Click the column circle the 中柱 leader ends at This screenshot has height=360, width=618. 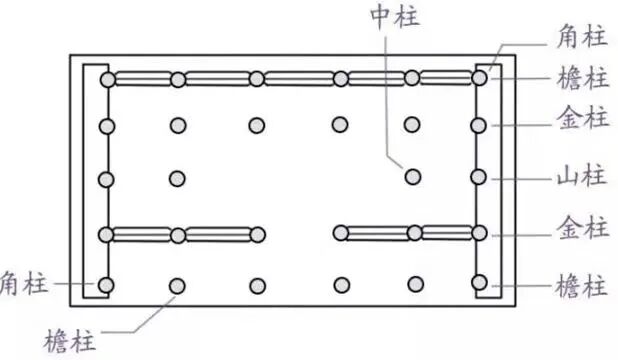coord(411,177)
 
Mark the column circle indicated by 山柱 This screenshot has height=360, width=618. coord(480,178)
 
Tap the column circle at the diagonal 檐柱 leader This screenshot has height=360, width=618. coord(178,286)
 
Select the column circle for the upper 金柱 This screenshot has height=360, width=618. coord(480,126)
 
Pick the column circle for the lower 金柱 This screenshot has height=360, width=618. coord(480,234)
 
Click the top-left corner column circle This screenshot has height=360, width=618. coord(107,78)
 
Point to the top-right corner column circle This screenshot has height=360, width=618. coord(480,76)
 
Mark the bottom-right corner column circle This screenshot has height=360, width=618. coord(480,283)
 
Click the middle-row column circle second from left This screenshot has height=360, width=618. coord(178,178)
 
